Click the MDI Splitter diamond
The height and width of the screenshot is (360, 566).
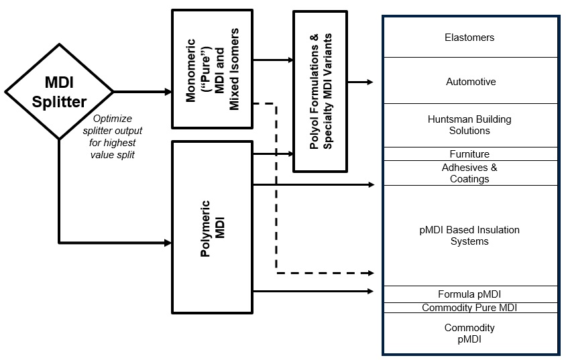pos(59,92)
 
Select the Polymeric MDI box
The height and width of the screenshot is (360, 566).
pos(213,227)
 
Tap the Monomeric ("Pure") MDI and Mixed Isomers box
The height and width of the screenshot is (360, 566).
pos(213,68)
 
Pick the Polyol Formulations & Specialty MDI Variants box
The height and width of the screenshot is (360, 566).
pos(319,91)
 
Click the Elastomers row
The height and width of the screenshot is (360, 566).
pos(470,38)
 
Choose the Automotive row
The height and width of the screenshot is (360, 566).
pos(471,82)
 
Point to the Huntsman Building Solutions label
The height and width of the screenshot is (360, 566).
pos(469,125)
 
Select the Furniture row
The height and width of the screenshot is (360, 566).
pos(469,154)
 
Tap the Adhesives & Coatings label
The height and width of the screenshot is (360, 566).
pos(469,173)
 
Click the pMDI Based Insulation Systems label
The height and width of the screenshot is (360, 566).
pos(469,235)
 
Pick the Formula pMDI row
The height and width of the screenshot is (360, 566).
pos(469,294)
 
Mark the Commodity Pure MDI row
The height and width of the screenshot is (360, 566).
pos(469,308)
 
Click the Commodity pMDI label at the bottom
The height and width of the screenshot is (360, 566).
pos(469,333)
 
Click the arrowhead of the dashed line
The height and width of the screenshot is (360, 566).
pos(370,273)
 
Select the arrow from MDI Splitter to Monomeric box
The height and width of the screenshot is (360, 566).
pos(142,92)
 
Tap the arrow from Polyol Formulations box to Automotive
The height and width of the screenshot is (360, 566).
pos(360,82)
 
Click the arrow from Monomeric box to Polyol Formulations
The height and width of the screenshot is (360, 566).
pos(273,60)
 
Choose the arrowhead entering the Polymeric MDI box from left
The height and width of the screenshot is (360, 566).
pos(168,242)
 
